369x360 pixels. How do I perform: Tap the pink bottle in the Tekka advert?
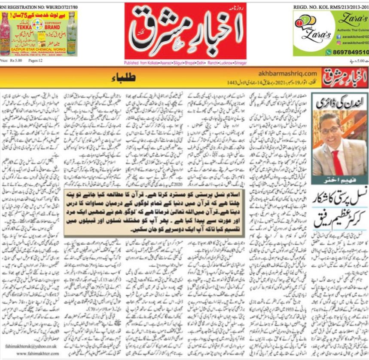[x=7, y=32]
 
